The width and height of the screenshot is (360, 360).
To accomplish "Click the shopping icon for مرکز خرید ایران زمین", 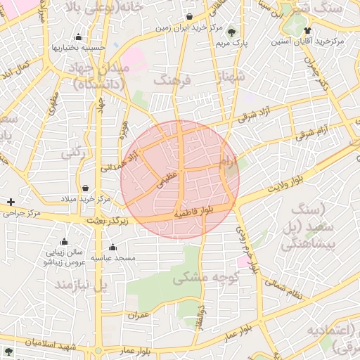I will tap(191, 17).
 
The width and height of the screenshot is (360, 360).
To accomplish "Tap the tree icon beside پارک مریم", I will tap(232, 31).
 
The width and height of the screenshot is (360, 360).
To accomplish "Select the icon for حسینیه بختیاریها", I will tap(78, 37).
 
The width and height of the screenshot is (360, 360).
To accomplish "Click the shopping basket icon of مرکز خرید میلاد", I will tap(85, 188).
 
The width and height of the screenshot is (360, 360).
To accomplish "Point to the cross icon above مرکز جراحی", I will tap(11, 202).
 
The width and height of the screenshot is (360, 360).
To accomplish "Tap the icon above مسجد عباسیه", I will tap(113, 247).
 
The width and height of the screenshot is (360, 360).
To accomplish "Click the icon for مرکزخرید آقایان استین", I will tap(308, 30).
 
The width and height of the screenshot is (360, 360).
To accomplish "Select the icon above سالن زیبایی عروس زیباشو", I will tap(64, 241).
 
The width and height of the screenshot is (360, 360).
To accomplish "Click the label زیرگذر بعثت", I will tap(109, 221).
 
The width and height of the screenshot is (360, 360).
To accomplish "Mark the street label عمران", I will tap(139, 314).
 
